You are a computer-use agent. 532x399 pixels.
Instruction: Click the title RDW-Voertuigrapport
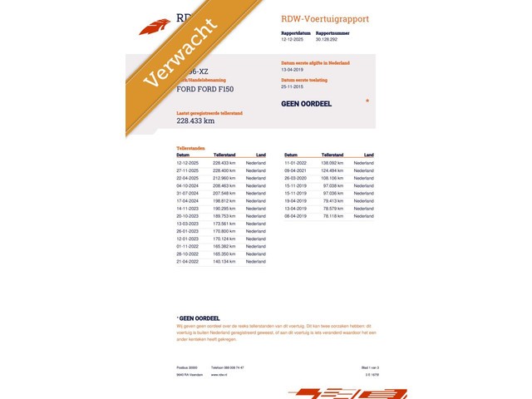click(x=325, y=18)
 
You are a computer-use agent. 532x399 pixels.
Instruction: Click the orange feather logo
click(x=154, y=27)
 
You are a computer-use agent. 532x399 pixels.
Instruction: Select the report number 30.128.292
click(x=332, y=39)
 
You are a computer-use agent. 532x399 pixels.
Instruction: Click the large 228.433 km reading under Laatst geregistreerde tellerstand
click(x=195, y=121)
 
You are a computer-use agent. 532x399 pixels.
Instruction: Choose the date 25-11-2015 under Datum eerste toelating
click(x=294, y=86)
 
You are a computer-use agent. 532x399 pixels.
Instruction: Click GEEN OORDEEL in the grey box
click(x=307, y=104)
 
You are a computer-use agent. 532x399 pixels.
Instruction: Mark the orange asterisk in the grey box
click(x=367, y=101)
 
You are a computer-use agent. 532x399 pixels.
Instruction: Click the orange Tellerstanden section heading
click(x=190, y=148)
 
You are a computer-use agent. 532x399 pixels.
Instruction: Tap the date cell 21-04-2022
click(x=187, y=261)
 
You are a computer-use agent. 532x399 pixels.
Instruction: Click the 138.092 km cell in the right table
click(x=332, y=163)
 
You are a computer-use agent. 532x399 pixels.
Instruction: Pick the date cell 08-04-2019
click(x=295, y=215)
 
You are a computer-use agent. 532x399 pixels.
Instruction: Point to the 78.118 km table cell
click(x=332, y=215)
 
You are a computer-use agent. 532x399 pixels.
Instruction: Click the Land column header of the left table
click(x=261, y=155)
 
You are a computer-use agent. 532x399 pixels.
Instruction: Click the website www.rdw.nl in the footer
click(x=219, y=374)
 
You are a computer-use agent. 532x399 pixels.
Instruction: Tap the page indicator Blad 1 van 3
click(x=357, y=367)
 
